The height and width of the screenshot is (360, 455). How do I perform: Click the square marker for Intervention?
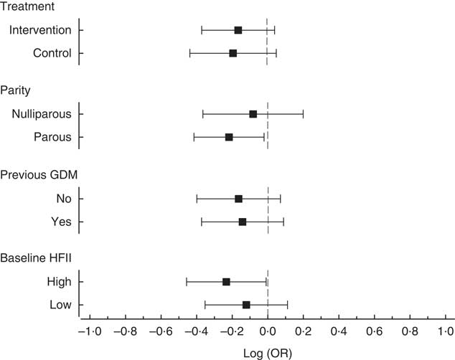238,30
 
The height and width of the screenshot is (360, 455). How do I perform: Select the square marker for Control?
233,53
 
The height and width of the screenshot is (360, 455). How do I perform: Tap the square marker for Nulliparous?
253,114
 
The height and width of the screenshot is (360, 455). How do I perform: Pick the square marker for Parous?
229,137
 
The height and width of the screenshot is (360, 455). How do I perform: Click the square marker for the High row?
226,282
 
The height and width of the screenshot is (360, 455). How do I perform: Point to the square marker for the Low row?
246,305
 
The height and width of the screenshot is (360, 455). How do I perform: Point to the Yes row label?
61,222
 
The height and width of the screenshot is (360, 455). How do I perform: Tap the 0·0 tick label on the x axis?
268,332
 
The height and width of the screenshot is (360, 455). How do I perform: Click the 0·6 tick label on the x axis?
374,332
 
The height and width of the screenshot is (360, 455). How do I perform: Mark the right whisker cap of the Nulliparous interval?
303,114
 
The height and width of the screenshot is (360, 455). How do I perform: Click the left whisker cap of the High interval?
187,282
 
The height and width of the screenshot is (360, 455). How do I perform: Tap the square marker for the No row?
238,199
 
